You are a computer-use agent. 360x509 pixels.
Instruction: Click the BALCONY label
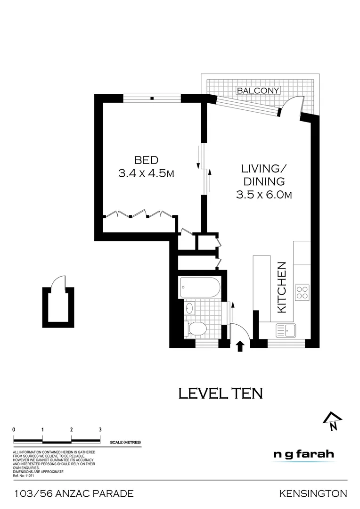[258, 90]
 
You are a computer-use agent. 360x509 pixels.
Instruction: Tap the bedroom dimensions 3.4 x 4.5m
[146, 173]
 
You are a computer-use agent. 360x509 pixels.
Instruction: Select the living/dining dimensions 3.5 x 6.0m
[264, 194]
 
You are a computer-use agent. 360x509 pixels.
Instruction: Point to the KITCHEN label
[282, 287]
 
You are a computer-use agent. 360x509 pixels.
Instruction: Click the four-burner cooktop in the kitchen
[302, 293]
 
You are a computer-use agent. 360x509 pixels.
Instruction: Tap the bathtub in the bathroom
[200, 287]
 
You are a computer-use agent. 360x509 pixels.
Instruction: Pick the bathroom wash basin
[189, 309]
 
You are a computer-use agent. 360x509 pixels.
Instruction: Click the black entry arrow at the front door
[239, 346]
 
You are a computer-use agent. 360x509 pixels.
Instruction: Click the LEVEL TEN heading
[221, 393]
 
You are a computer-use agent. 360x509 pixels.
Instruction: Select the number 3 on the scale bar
[100, 429]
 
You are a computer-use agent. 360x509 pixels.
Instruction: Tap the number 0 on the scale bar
[14, 429]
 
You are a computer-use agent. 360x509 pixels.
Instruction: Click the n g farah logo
[303, 455]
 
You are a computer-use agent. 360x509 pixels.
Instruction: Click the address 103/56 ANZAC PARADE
[74, 494]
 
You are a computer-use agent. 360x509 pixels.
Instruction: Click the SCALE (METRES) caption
[125, 443]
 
